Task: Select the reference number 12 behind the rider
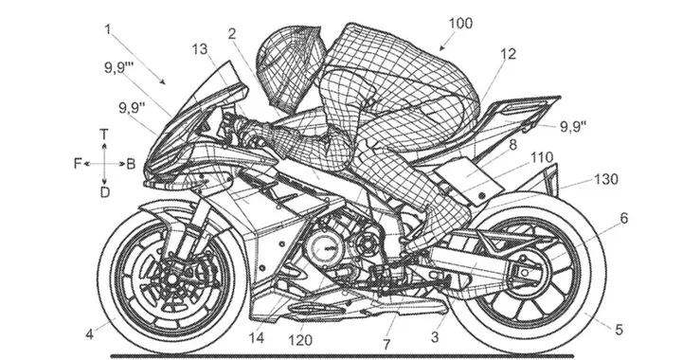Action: click(509, 56)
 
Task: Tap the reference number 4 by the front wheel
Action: click(90, 333)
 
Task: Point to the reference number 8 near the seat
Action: click(512, 145)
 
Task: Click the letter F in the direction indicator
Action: click(78, 163)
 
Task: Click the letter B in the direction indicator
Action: click(131, 163)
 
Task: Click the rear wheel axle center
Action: click(527, 276)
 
